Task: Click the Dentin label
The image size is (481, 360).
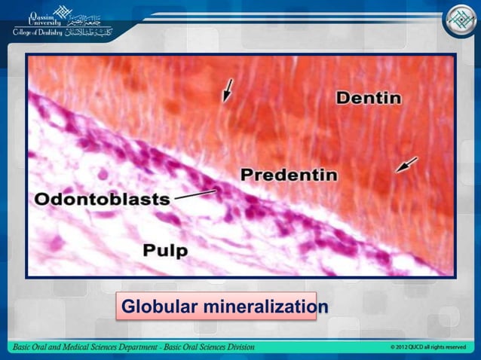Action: pos(368,98)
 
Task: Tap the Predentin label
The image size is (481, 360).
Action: pos(289,175)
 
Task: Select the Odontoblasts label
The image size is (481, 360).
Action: pos(102,199)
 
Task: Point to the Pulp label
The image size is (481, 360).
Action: pos(165,249)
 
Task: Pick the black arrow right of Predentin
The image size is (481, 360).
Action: pos(407,165)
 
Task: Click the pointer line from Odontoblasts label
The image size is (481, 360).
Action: pos(195,194)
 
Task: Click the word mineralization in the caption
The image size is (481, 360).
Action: pos(264,307)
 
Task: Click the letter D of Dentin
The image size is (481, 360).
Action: pos(342,98)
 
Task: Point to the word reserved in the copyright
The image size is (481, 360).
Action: pos(455,347)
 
